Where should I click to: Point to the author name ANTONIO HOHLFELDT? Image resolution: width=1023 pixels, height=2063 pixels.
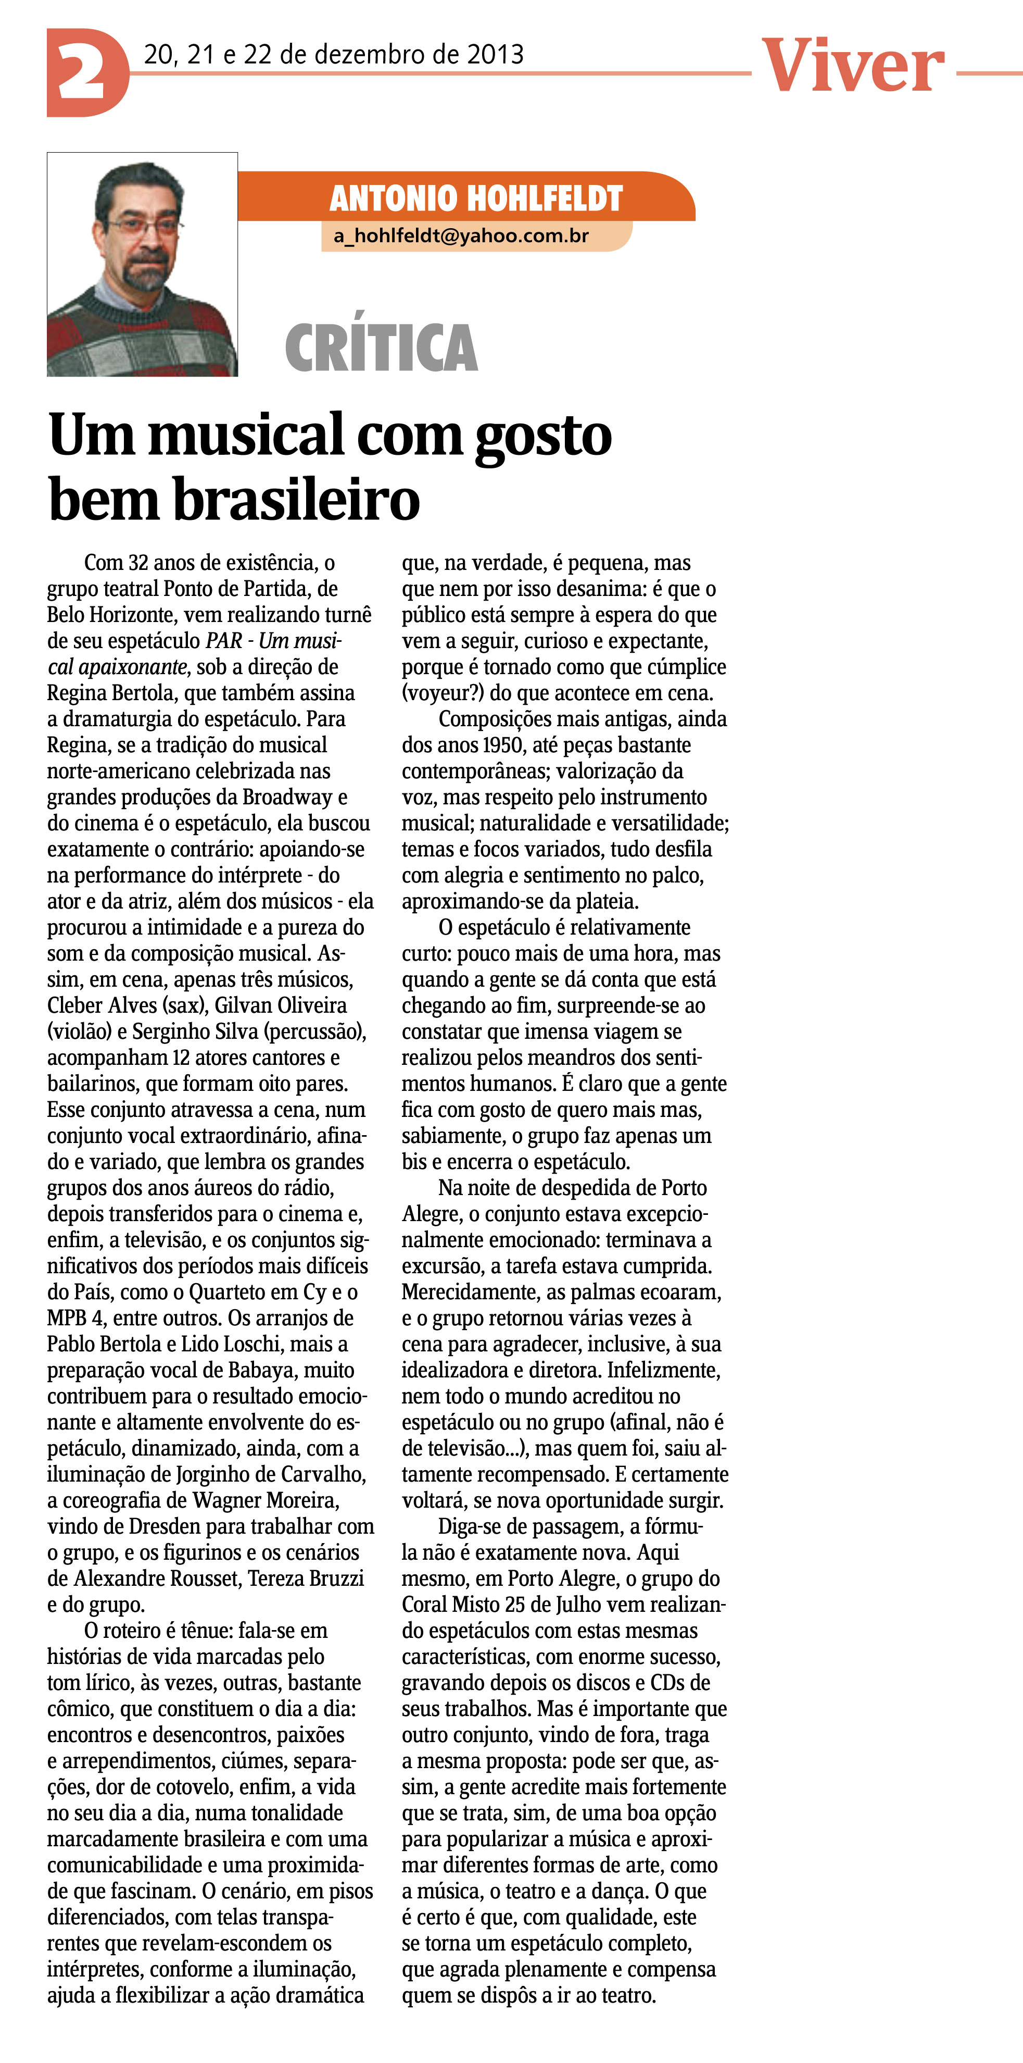[x=475, y=198]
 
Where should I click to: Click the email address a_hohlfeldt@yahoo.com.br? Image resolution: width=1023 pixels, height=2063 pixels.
[x=461, y=235]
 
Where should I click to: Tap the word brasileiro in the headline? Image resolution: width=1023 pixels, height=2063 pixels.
[x=296, y=499]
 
